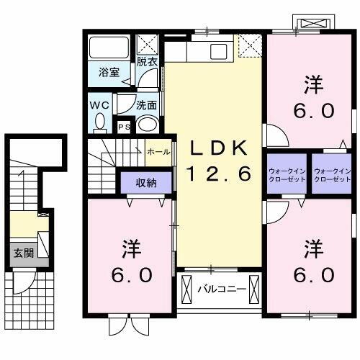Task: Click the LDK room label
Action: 219,148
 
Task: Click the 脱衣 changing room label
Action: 148,63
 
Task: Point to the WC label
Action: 99,104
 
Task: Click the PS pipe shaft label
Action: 123,127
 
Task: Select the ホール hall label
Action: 158,153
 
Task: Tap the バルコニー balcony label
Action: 222,289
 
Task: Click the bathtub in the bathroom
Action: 109,49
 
